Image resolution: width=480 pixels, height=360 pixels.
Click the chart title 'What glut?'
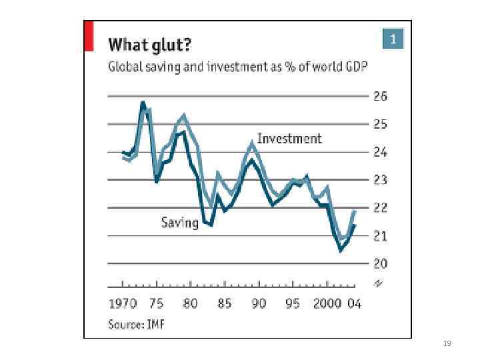pos(149,45)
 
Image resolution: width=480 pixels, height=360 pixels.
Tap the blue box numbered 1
pos(393,39)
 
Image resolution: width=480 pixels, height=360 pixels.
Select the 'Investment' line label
pos(289,139)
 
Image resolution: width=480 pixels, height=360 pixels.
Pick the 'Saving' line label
pos(180,223)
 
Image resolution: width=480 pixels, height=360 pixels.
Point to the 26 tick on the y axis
pos(380,96)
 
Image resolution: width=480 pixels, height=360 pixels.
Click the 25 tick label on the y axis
pos(380,124)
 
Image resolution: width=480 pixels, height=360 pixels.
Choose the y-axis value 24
pos(380,152)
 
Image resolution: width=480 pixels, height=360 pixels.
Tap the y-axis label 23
pos(380,180)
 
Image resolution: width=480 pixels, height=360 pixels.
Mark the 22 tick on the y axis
pos(380,208)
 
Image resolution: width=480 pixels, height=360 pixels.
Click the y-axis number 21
pos(380,236)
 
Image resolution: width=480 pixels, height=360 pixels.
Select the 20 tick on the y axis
pos(380,264)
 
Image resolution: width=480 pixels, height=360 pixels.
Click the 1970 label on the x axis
pos(123,304)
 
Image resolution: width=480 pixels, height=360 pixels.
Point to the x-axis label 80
pos(191,304)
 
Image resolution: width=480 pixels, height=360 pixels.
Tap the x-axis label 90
pos(259,304)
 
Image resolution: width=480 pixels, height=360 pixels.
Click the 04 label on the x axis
pos(354,304)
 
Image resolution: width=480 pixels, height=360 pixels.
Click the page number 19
pos(447,344)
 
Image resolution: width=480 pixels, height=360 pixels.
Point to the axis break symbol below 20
pos(379,283)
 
